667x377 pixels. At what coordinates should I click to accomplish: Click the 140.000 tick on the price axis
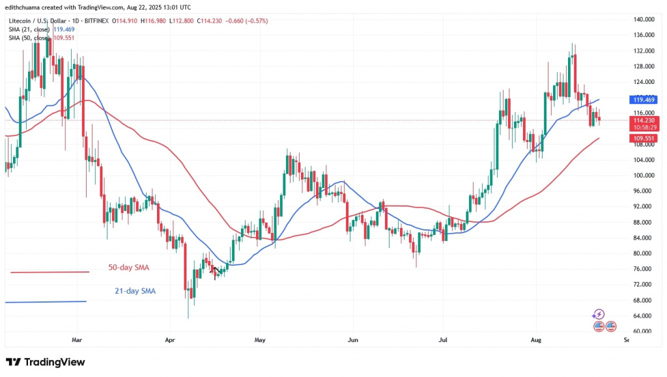643,20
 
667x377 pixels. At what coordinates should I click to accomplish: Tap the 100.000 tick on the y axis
643,175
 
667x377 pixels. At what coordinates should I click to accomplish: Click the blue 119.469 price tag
644,100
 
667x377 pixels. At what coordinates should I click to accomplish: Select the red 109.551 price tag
644,138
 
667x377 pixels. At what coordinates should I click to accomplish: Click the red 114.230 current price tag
644,120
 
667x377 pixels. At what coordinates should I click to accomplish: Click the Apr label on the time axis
171,340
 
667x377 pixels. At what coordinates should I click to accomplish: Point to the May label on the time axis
261,340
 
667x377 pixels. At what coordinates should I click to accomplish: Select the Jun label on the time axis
352,340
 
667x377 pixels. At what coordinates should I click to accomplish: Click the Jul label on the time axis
442,340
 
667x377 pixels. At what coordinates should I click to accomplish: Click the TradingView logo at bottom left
45,362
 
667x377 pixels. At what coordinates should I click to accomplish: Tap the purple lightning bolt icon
599,314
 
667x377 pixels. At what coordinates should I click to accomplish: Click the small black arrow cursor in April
216,270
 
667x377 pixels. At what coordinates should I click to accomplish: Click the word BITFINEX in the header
96,21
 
